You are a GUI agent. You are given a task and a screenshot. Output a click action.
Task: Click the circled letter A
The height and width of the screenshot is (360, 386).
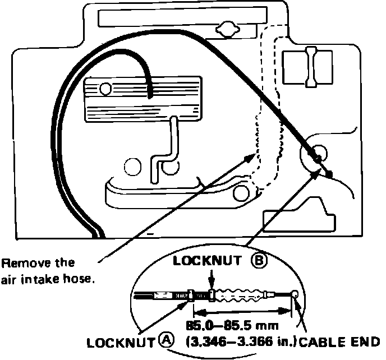pos(166,339)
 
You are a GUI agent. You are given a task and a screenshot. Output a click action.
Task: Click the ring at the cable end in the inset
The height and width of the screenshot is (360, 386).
pos(295,294)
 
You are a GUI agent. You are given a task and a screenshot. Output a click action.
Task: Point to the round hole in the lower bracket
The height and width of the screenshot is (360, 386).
pos(241,194)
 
